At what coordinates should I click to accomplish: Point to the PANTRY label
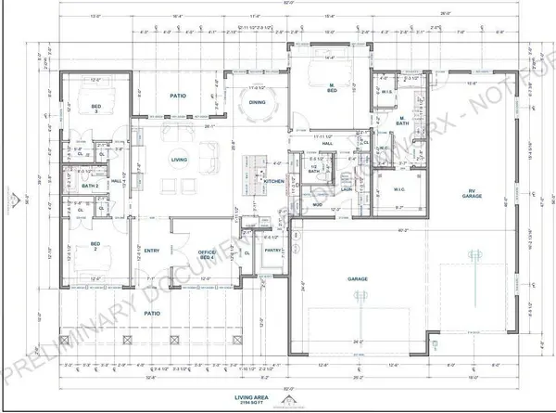coord(272,250)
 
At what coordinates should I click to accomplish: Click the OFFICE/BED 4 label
coord(208,252)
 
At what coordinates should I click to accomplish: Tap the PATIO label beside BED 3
coord(180,96)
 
